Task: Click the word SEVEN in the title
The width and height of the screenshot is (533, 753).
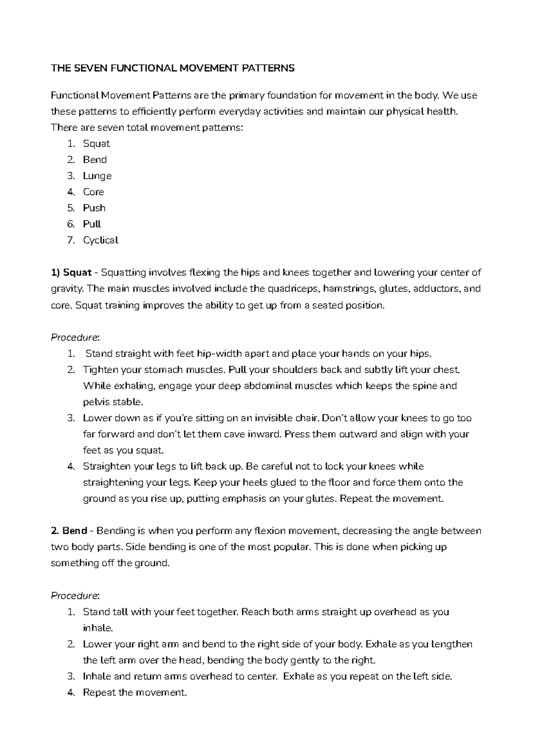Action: pos(90,68)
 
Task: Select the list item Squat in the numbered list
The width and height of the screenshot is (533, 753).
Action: pos(96,144)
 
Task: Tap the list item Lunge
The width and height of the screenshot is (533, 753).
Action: pos(97,176)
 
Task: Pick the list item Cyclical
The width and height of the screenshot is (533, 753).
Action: pos(100,240)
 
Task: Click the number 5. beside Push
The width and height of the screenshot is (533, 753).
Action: pos(72,208)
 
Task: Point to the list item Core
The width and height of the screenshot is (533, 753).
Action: pos(93,192)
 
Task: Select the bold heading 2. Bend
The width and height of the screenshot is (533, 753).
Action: pos(69,531)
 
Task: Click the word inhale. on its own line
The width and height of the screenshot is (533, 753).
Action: pos(98,628)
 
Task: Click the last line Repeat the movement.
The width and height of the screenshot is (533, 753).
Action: pos(135,693)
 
